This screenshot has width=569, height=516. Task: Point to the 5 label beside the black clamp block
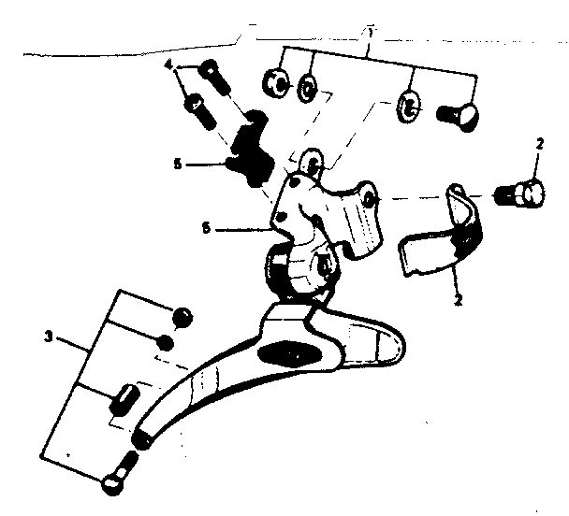click(177, 165)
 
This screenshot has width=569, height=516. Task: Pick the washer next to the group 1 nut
click(306, 93)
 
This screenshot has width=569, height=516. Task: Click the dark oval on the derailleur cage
click(294, 354)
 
